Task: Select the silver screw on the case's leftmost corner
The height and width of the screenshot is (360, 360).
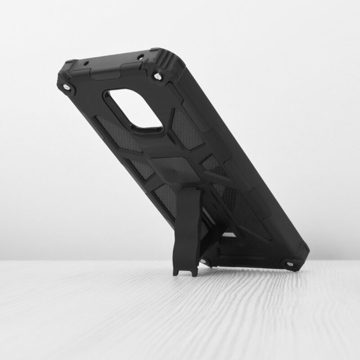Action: pyautogui.click(x=67, y=86)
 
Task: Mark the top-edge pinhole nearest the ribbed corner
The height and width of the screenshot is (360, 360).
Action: pyautogui.click(x=140, y=57)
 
